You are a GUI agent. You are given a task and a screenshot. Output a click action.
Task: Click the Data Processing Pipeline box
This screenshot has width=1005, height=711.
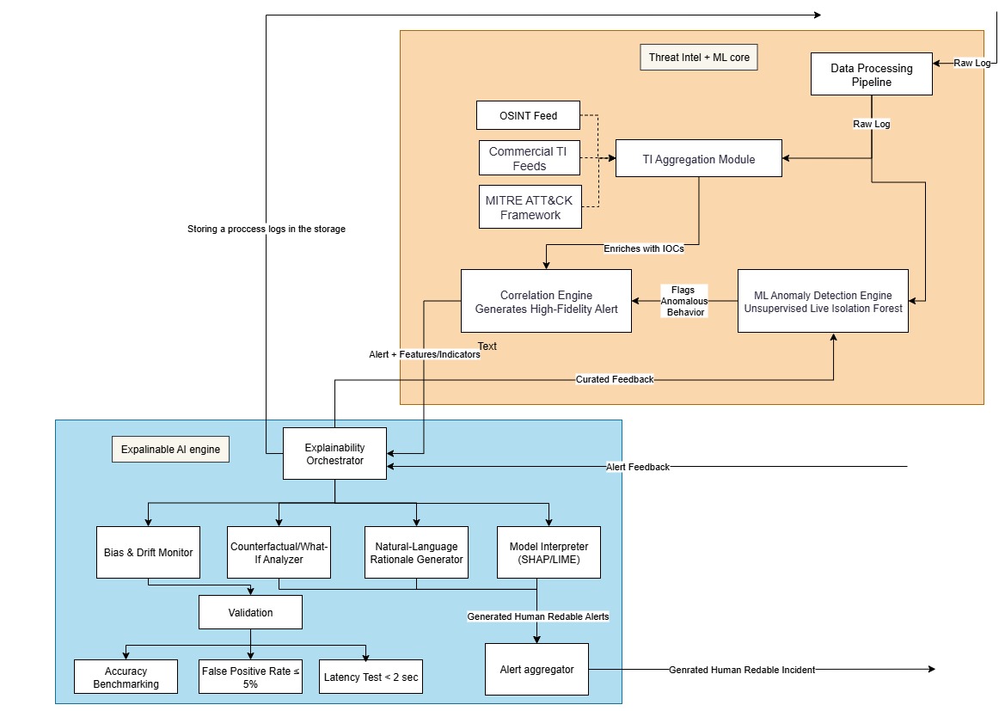pos(872,74)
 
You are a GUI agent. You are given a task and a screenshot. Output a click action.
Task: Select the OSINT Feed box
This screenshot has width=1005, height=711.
pos(528,116)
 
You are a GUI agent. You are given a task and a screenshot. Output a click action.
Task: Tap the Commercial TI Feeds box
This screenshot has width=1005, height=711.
pos(529,158)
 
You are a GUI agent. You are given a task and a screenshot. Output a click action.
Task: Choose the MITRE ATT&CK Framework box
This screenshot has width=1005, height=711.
pos(530,207)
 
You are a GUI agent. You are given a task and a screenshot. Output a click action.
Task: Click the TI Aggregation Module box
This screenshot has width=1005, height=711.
pos(698,159)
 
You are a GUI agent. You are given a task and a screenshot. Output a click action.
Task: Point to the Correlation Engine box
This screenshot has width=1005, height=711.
pos(546,301)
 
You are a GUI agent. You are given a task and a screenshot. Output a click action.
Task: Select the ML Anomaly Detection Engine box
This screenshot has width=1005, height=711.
pos(823,301)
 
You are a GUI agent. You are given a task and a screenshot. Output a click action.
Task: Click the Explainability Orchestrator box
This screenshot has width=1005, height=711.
pos(334,454)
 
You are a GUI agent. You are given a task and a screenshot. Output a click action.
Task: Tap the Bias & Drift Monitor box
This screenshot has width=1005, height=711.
pos(148,552)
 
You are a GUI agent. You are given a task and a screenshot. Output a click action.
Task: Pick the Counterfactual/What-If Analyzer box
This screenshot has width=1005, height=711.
pos(279,552)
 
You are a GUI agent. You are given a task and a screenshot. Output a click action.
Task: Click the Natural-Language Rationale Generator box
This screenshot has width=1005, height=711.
pos(416,552)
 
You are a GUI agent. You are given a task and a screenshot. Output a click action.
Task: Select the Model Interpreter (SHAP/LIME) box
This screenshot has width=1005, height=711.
pos(548,552)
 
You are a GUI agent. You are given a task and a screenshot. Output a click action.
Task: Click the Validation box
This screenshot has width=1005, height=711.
pos(250,613)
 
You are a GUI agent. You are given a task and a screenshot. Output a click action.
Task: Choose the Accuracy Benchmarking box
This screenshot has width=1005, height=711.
pos(126,677)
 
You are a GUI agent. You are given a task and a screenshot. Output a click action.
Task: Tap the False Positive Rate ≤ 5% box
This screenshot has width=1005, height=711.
pos(250,677)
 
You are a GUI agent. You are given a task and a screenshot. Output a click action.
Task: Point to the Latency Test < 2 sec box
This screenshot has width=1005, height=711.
pos(371,677)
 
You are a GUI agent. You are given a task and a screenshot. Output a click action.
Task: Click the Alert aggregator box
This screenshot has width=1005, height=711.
pos(536,669)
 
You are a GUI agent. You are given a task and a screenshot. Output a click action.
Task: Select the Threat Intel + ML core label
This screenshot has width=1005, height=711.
pos(698,58)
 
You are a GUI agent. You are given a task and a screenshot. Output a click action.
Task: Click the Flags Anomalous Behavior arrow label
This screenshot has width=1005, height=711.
pos(683,301)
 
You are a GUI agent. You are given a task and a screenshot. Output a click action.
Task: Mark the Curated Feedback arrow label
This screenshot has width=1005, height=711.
pos(614,379)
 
